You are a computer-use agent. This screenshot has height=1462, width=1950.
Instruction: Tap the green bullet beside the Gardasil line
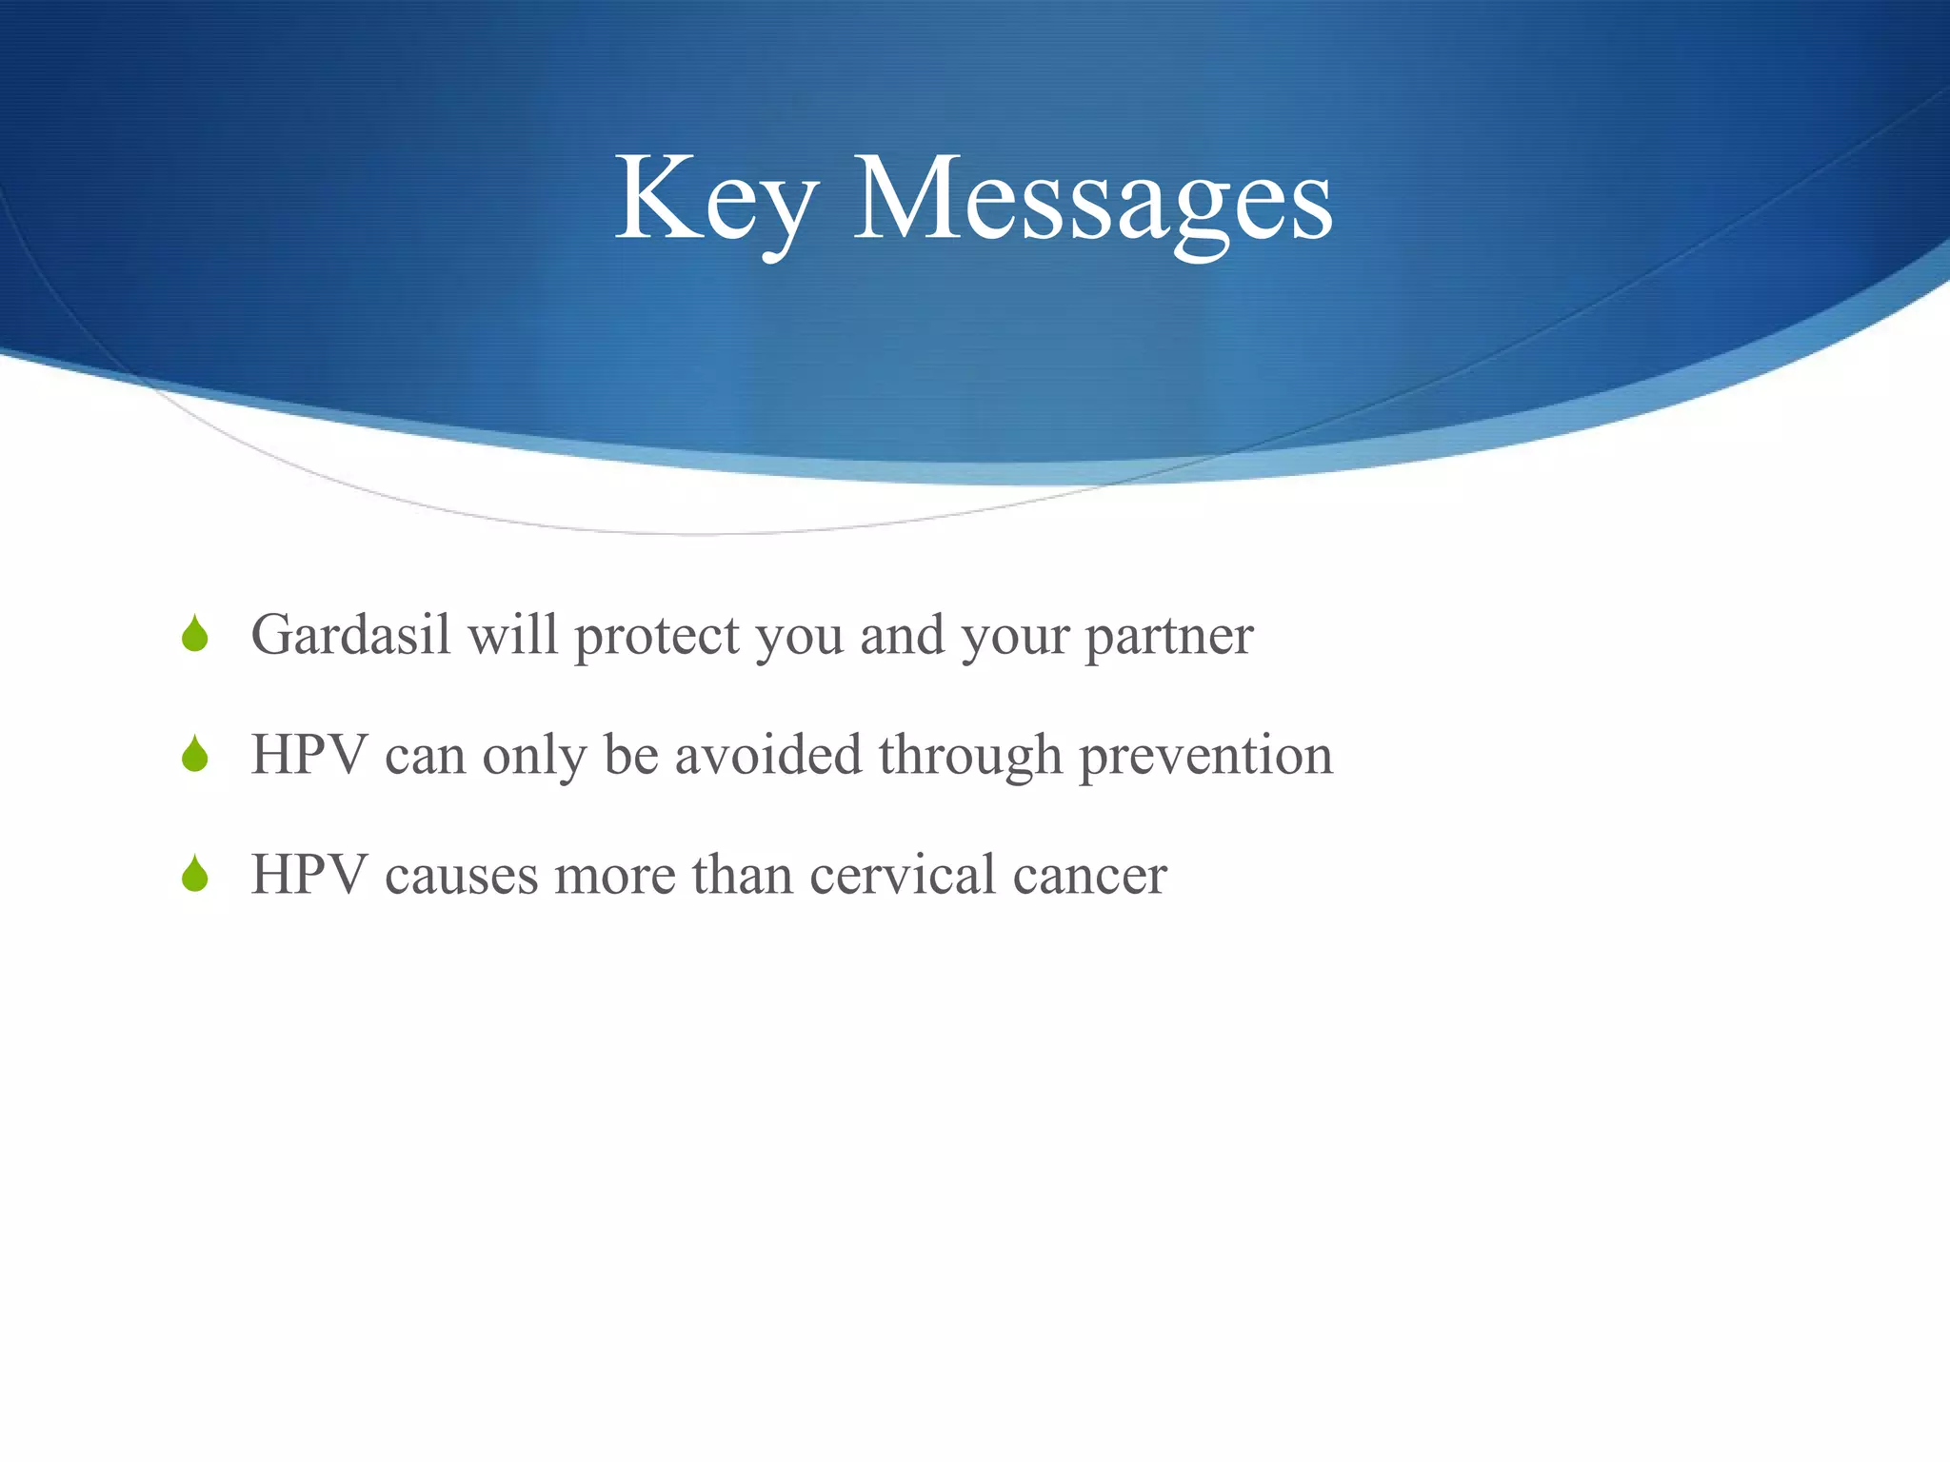[195, 635]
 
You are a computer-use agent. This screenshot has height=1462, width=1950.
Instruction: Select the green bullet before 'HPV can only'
[195, 755]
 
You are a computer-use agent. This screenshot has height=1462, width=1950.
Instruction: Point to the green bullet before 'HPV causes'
[195, 875]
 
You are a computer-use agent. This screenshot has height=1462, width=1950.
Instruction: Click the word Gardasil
[350, 635]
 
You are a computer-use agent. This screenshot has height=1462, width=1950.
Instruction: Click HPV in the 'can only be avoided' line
[309, 755]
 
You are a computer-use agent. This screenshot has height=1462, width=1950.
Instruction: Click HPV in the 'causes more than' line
[309, 875]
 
